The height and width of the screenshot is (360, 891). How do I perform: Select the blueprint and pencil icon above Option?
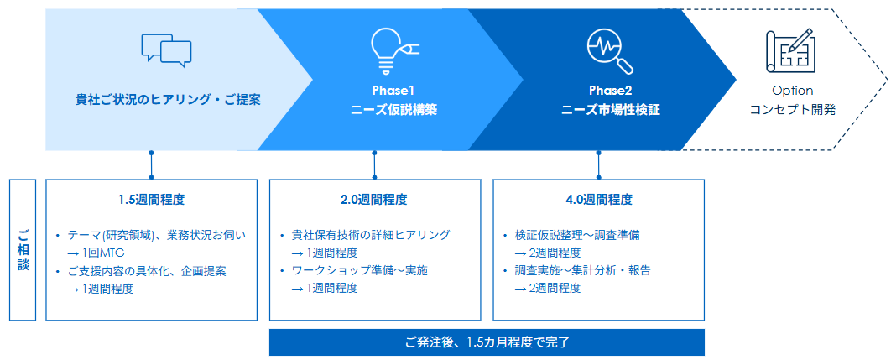789,50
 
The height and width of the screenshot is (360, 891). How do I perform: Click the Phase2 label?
610,91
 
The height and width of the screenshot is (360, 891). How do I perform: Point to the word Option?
792,91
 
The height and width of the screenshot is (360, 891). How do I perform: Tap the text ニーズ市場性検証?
610,110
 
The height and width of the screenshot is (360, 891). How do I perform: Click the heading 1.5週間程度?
151,200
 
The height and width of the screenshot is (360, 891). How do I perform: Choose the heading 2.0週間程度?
374,200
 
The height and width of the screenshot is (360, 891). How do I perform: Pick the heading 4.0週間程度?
598,200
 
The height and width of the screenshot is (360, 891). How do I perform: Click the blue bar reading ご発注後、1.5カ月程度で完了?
487,342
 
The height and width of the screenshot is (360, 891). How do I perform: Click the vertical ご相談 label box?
23,249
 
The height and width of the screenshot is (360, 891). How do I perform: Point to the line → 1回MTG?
96,253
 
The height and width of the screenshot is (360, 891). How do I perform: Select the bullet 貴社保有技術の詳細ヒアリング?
370,235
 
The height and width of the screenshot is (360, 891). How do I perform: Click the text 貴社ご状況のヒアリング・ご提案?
168,99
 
